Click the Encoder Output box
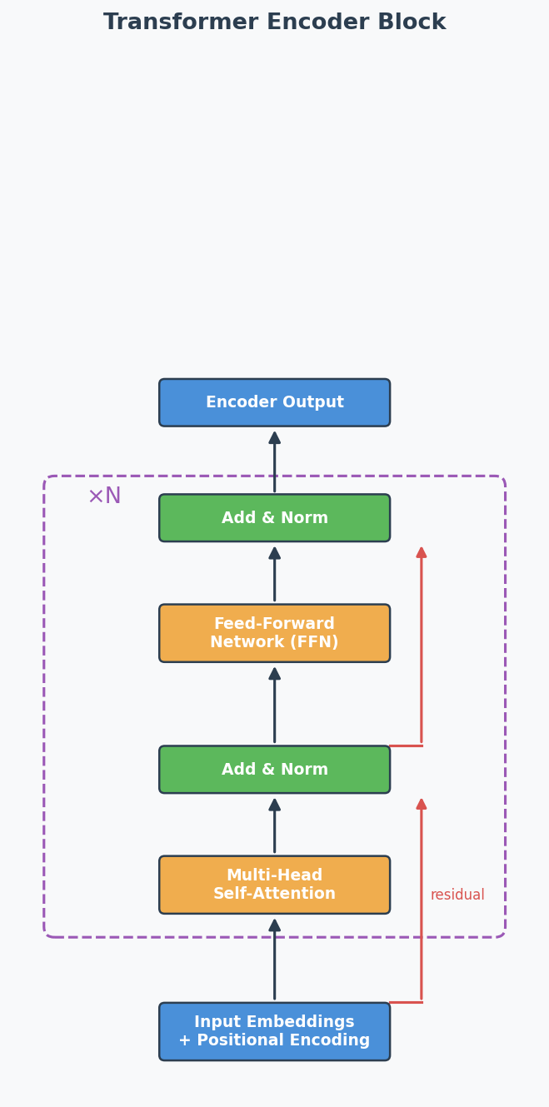pos(274,402)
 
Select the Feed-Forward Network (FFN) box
pos(274,633)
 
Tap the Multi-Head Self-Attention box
pos(274,885)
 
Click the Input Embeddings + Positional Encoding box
pos(274,1031)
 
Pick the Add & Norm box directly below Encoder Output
pos(274,518)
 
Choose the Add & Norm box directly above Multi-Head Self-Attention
pos(274,770)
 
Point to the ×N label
pos(104,496)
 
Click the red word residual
pos(457,895)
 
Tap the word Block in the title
pos(412,22)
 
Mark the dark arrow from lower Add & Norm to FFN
pos(274,705)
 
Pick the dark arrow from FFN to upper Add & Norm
pos(274,574)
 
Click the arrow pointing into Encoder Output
pos(274,461)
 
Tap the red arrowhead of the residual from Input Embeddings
pos(422,804)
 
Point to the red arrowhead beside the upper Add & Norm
pos(422,552)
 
